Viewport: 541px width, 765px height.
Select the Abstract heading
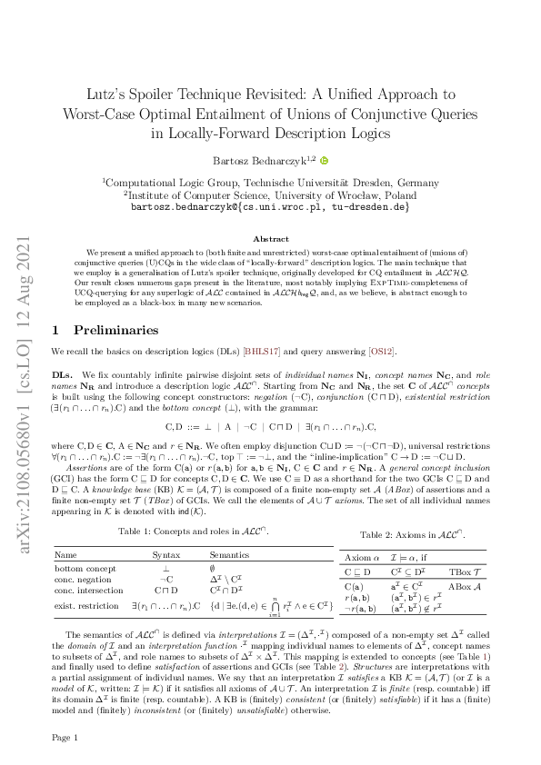270,239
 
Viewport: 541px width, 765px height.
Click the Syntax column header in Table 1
165,553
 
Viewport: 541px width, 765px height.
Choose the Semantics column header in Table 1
229,553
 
